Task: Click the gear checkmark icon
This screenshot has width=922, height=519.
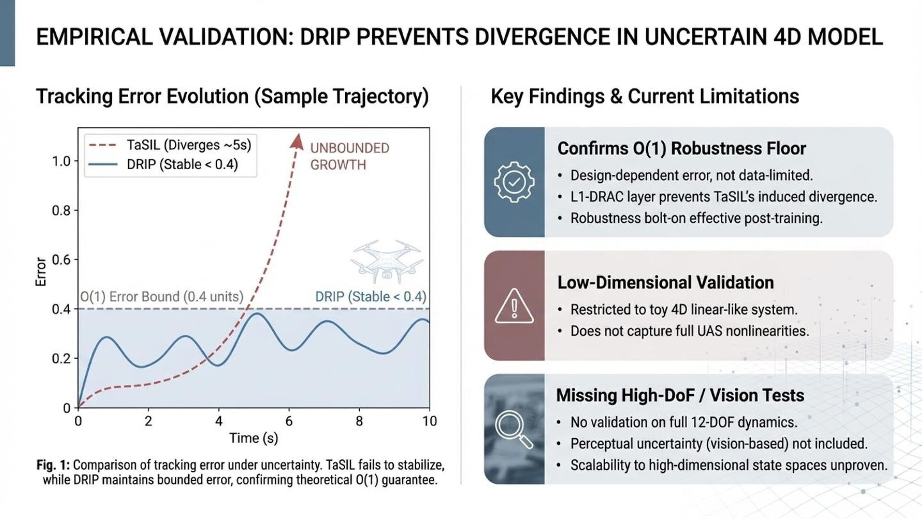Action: pyautogui.click(x=514, y=182)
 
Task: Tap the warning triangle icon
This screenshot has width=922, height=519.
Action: pyautogui.click(x=514, y=306)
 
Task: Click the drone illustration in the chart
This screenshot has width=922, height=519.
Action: pyautogui.click(x=387, y=262)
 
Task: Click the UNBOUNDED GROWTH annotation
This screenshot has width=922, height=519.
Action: pyautogui.click(x=349, y=156)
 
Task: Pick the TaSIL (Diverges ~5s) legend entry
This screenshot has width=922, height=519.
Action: pyautogui.click(x=189, y=145)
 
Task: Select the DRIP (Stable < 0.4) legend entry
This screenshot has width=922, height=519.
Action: pyautogui.click(x=182, y=164)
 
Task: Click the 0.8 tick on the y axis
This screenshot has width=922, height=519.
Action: pyautogui.click(x=61, y=210)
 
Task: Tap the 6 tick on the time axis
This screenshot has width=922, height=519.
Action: pyautogui.click(x=289, y=421)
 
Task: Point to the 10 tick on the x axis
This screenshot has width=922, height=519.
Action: pyautogui.click(x=429, y=421)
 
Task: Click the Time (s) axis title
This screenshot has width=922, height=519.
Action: pyautogui.click(x=254, y=438)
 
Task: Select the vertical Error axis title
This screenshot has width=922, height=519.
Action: pyautogui.click(x=41, y=272)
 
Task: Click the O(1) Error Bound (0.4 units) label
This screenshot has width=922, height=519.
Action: pyautogui.click(x=162, y=297)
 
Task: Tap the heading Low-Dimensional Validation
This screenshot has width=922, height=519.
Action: pyautogui.click(x=665, y=283)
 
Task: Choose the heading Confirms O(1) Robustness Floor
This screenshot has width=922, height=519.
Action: pyautogui.click(x=681, y=148)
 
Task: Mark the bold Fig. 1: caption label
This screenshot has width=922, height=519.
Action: pyautogui.click(x=53, y=465)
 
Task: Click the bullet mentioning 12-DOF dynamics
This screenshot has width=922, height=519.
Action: pyautogui.click(x=684, y=422)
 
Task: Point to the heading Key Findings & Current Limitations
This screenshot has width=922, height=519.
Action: pyautogui.click(x=644, y=97)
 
